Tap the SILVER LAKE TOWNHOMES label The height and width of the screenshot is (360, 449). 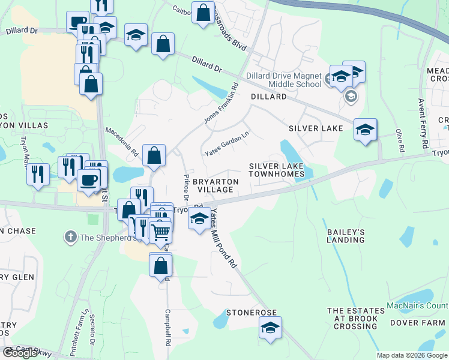[x=277, y=170]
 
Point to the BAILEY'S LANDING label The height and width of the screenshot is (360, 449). [x=346, y=235]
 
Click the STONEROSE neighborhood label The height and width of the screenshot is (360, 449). [x=251, y=313]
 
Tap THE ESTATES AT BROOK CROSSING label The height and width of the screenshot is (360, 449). [x=352, y=319]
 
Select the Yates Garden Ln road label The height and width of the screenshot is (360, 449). [x=226, y=144]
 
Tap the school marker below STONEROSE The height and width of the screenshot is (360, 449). [x=270, y=328]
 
